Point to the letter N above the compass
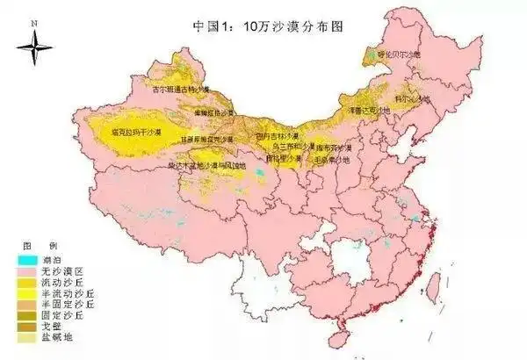[34, 18]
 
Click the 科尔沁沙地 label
[413, 98]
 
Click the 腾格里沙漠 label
[282, 159]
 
